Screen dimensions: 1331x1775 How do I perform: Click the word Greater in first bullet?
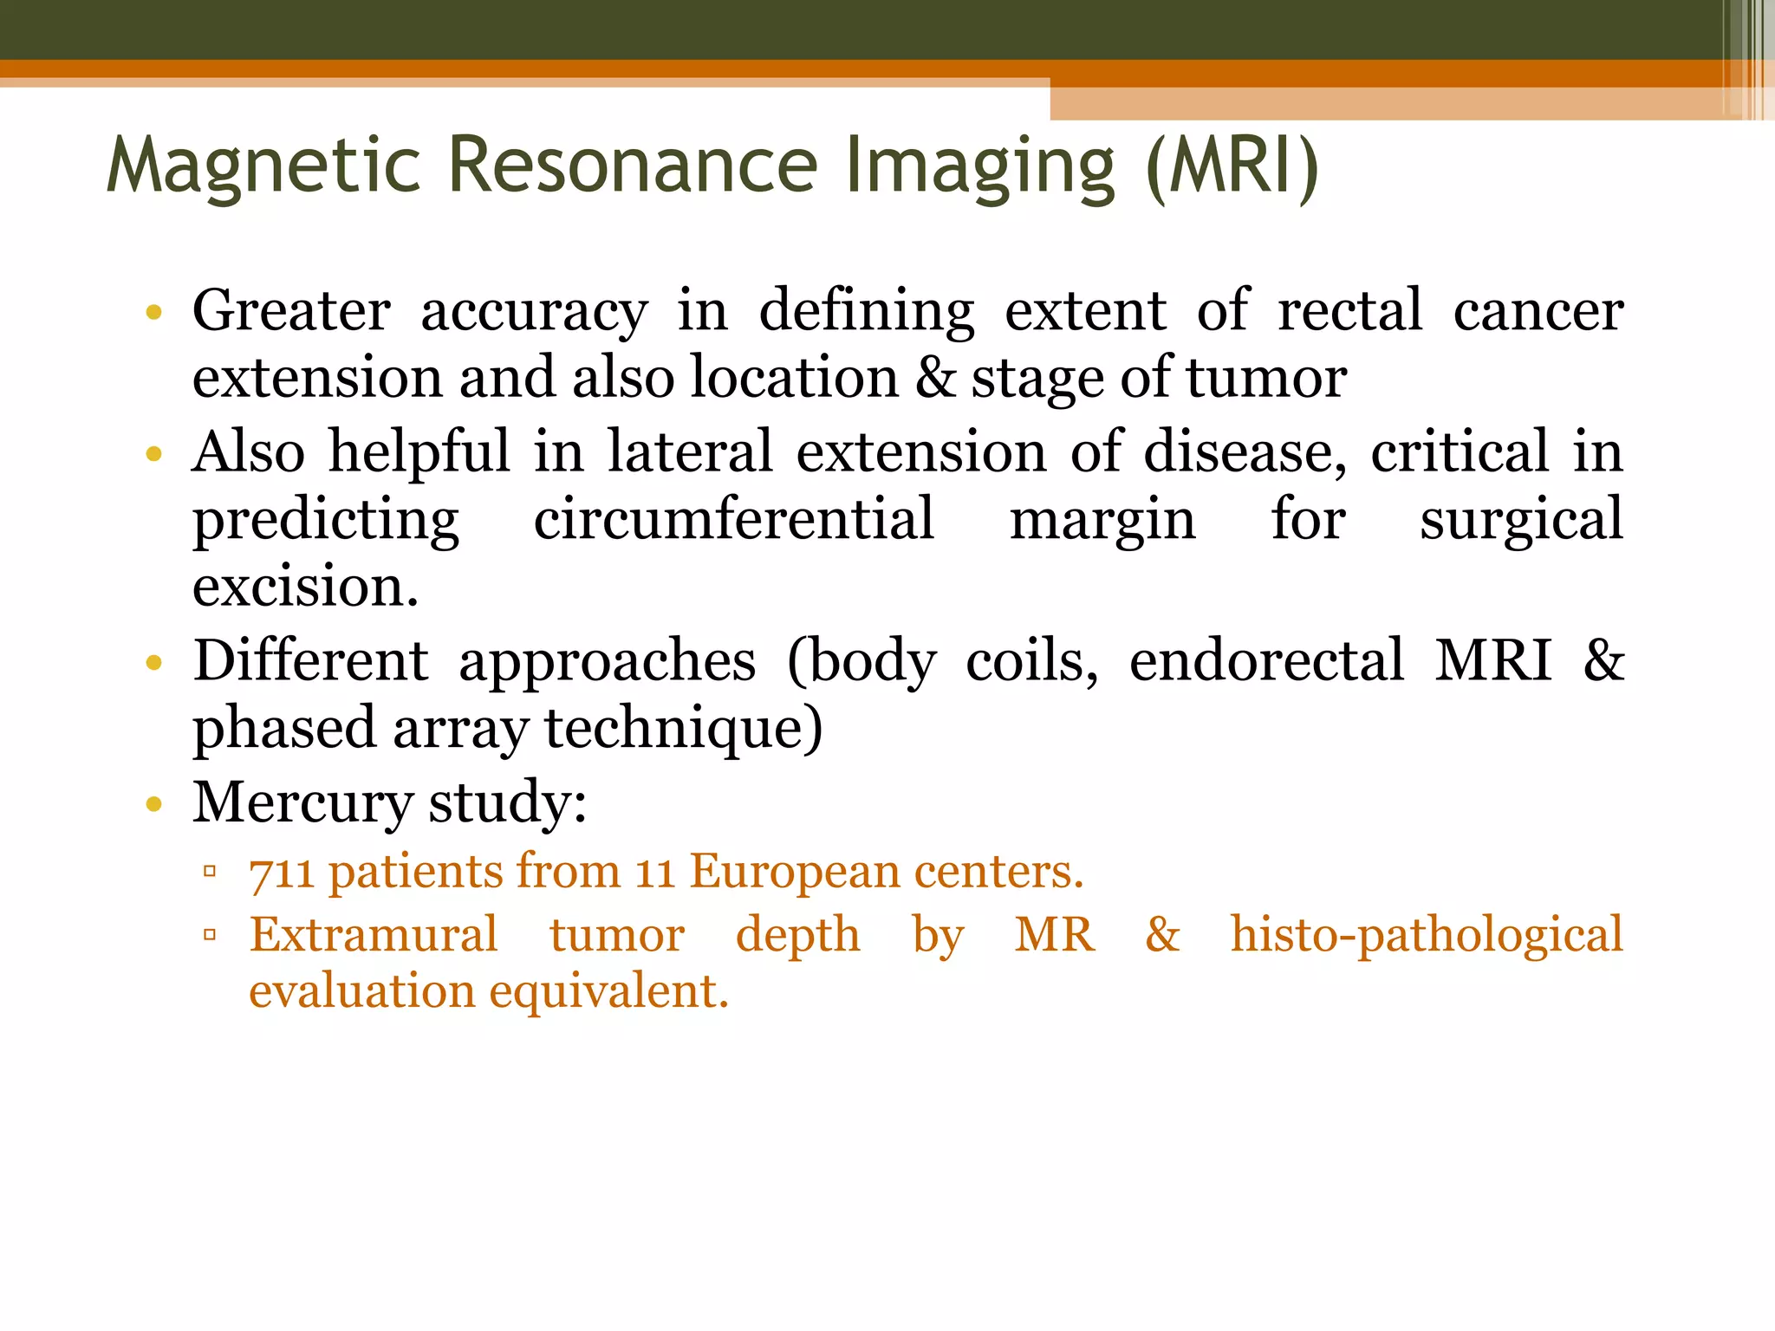pyautogui.click(x=291, y=310)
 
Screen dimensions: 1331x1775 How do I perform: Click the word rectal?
pyautogui.click(x=1349, y=310)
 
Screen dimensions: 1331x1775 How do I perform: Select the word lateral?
pyautogui.click(x=689, y=451)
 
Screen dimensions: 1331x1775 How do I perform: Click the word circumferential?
pyautogui.click(x=733, y=519)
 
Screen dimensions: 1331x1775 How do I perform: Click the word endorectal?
pyautogui.click(x=1265, y=660)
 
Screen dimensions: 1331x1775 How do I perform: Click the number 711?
pyautogui.click(x=281, y=873)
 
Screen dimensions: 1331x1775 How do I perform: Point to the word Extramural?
pyautogui.click(x=374, y=935)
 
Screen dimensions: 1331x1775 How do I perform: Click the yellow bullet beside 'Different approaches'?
pyautogui.click(x=154, y=664)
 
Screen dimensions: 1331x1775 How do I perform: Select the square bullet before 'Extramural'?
pyautogui.click(x=209, y=935)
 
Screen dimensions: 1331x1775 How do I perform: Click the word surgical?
pyautogui.click(x=1520, y=521)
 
